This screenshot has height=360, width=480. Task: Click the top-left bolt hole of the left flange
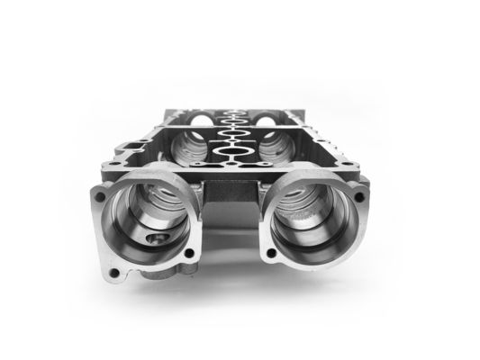coord(100,193)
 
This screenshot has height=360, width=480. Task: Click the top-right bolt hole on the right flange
coord(359,195)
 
